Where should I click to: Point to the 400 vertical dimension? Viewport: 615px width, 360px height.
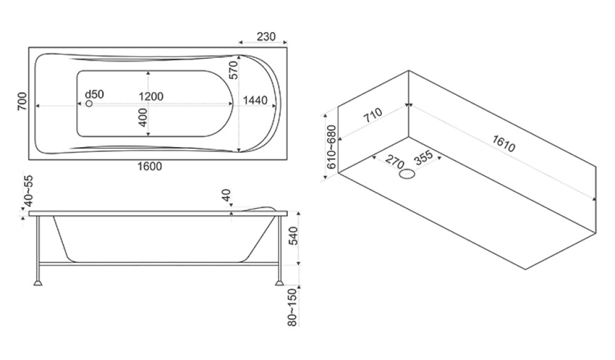(x=143, y=118)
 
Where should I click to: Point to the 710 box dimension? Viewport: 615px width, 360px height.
(x=373, y=117)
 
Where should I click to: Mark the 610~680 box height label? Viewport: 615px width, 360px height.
(x=331, y=148)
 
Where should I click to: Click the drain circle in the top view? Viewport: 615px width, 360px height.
(x=89, y=104)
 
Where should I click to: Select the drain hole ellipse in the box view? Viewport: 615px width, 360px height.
(x=407, y=175)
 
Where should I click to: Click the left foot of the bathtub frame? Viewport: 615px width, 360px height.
(x=39, y=283)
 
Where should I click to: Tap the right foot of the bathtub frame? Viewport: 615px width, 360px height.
(x=280, y=283)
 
